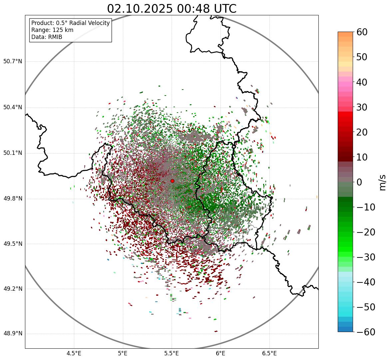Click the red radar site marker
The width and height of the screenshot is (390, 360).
[x=172, y=181]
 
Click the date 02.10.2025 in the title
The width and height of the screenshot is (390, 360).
[x=140, y=9]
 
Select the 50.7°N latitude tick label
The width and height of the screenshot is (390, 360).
[x=13, y=62]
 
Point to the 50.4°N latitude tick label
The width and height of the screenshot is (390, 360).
[x=13, y=108]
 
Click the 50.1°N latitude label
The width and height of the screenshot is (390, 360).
[x=13, y=153]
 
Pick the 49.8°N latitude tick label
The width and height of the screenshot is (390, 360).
[x=13, y=199]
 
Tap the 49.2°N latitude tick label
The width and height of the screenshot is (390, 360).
[x=13, y=289]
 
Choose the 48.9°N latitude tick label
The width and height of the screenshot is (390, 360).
[x=13, y=334]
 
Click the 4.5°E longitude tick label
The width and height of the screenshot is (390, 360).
[x=74, y=353]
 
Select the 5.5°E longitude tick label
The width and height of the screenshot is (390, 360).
[x=172, y=353]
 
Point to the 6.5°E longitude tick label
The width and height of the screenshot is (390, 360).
[x=269, y=353]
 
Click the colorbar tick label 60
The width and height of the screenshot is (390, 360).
[x=362, y=32]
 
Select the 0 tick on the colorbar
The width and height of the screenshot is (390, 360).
[x=359, y=182]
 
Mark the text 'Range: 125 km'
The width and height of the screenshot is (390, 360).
[x=52, y=30]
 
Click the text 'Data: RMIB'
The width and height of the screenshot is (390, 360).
[x=47, y=37]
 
